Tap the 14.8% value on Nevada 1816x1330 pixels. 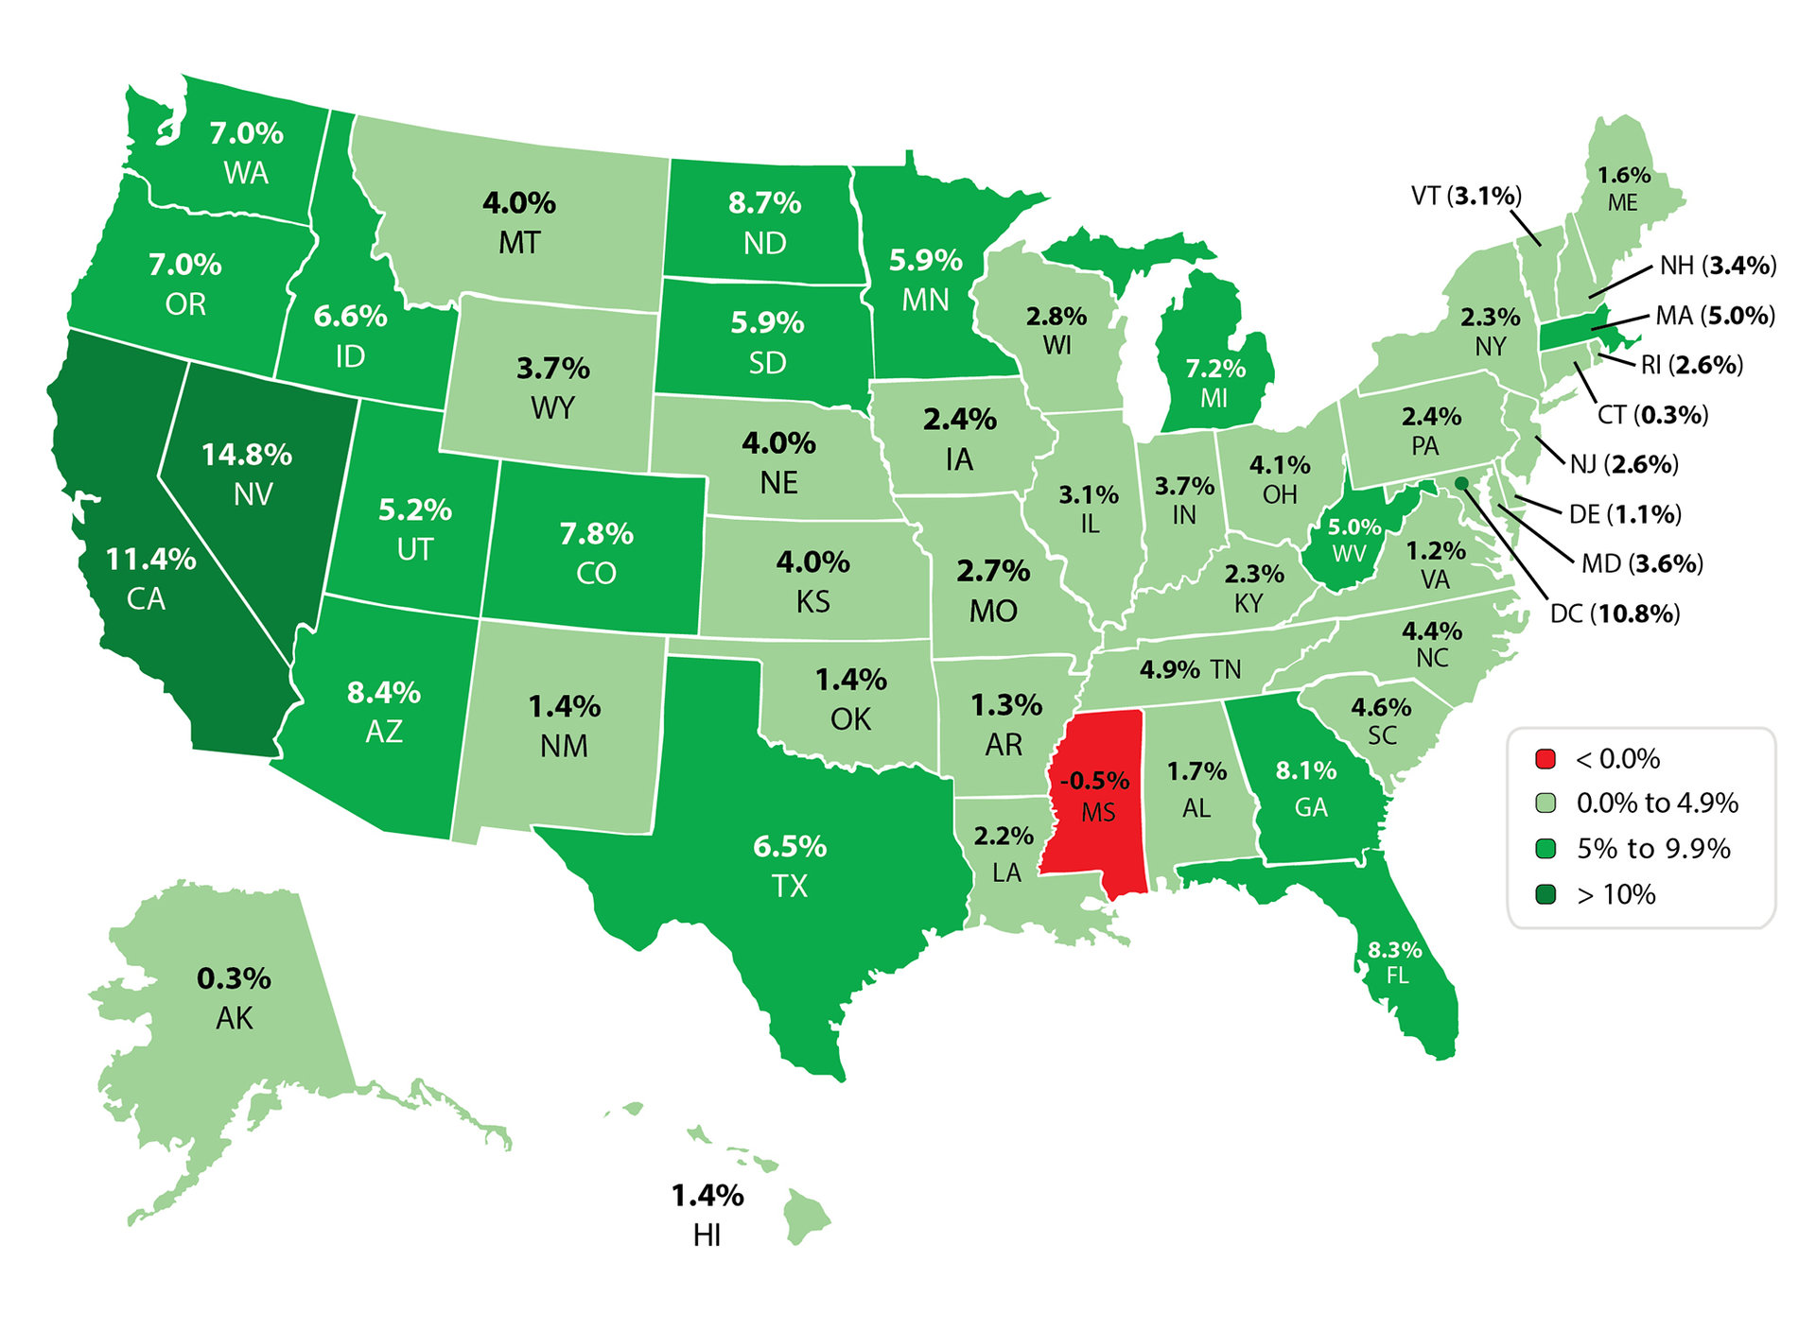coord(247,455)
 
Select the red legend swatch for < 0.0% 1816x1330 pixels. coord(1545,758)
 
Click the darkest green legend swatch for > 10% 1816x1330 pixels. coord(1545,893)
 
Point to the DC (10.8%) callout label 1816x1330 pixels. coord(1615,613)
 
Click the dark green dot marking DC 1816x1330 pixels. coord(1461,483)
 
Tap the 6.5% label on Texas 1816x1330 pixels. coord(790,846)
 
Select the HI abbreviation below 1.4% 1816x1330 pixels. coord(707,1235)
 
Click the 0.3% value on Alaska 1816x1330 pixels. coord(234,978)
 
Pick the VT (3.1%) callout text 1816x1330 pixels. coord(1466,196)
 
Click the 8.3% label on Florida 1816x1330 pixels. coord(1394,950)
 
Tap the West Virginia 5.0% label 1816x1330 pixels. coord(1354,527)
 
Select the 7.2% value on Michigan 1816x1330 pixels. coord(1215,369)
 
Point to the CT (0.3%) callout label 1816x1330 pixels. coord(1652,414)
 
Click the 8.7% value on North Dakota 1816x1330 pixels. coord(764,203)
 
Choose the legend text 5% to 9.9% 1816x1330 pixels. coord(1653,848)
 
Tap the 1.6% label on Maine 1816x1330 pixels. coord(1624,176)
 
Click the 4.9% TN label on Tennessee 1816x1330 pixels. coord(1190,669)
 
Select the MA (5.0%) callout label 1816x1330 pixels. coord(1714,315)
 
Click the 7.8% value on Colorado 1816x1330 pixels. coord(596,534)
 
